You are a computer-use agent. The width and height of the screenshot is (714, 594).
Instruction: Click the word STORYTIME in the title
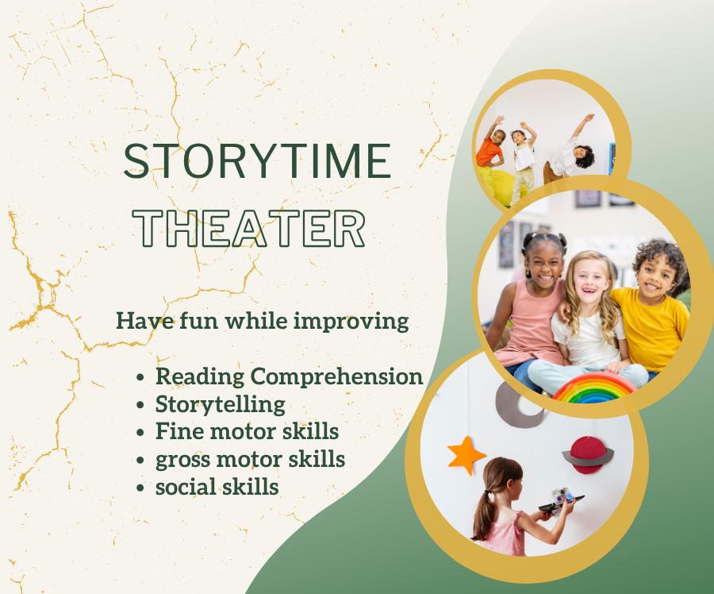tap(257, 161)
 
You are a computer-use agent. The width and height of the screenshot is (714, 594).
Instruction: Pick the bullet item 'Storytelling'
tap(221, 404)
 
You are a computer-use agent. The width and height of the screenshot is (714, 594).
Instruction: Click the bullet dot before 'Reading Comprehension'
tap(141, 378)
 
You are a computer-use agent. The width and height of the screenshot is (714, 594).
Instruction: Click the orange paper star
tap(466, 454)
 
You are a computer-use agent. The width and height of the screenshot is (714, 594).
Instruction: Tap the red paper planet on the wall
tap(587, 453)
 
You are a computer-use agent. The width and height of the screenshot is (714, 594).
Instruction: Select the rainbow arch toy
tap(594, 388)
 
